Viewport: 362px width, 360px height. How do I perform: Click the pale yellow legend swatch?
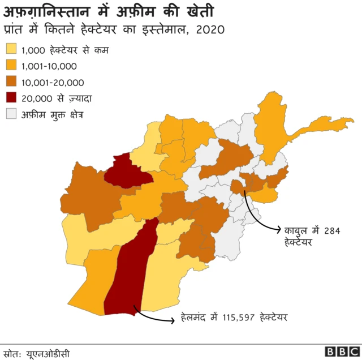(11, 50)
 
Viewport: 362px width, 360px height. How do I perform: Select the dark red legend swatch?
(11, 98)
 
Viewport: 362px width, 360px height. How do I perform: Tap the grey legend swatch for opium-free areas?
(11, 114)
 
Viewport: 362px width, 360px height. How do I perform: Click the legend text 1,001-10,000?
(49, 66)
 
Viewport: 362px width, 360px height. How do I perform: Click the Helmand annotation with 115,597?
(235, 316)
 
